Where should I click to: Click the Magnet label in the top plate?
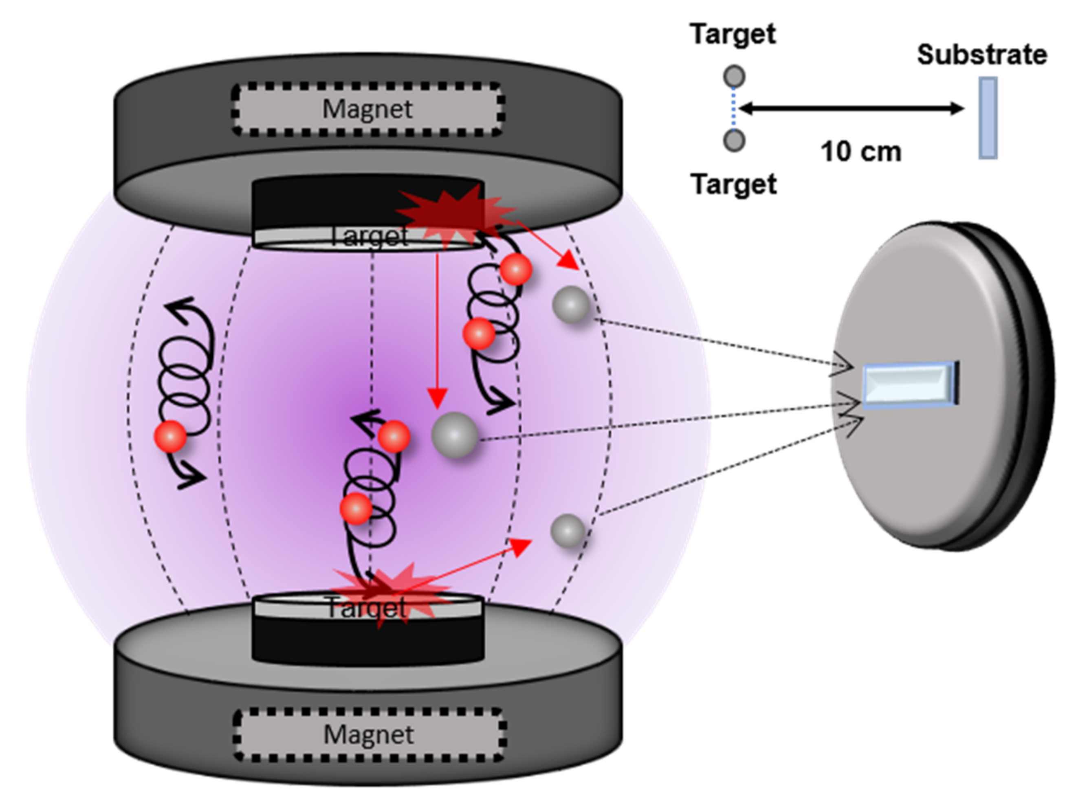[x=367, y=109]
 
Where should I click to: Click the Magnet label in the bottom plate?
[x=368, y=734]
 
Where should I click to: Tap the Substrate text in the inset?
[x=981, y=55]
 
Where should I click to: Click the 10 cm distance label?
[x=860, y=152]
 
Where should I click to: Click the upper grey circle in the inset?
[x=734, y=77]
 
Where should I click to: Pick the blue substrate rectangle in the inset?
[x=988, y=118]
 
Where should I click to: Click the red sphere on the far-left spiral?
[x=170, y=437]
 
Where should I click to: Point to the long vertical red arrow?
[x=437, y=331]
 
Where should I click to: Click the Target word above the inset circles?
[x=733, y=34]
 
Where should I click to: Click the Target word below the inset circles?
[x=733, y=185]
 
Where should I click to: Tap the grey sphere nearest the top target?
[x=571, y=305]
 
